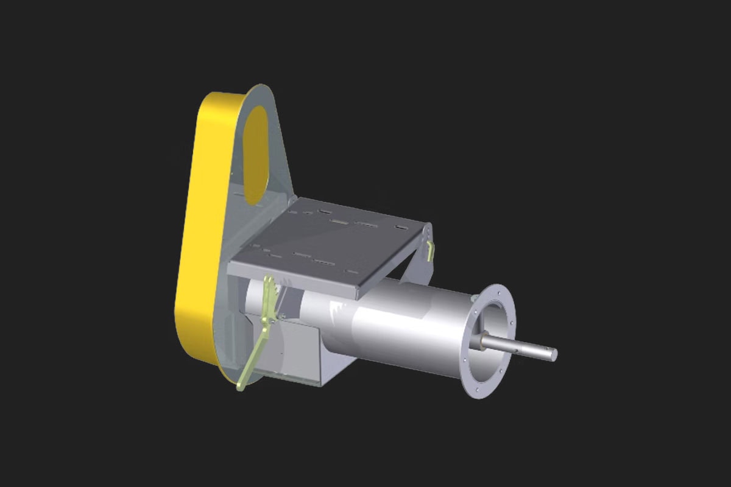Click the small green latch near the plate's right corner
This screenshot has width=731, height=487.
(431, 250)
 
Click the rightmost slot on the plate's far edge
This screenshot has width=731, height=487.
(401, 228)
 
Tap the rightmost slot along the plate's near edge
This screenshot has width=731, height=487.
(351, 270)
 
